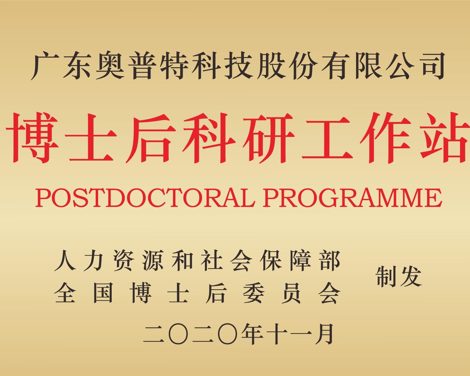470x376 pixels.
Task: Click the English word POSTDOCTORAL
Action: tap(144, 198)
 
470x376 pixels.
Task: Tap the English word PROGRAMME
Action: tap(352, 198)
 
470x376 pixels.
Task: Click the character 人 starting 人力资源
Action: tap(64, 260)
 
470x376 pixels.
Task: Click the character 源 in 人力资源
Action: tap(153, 260)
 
